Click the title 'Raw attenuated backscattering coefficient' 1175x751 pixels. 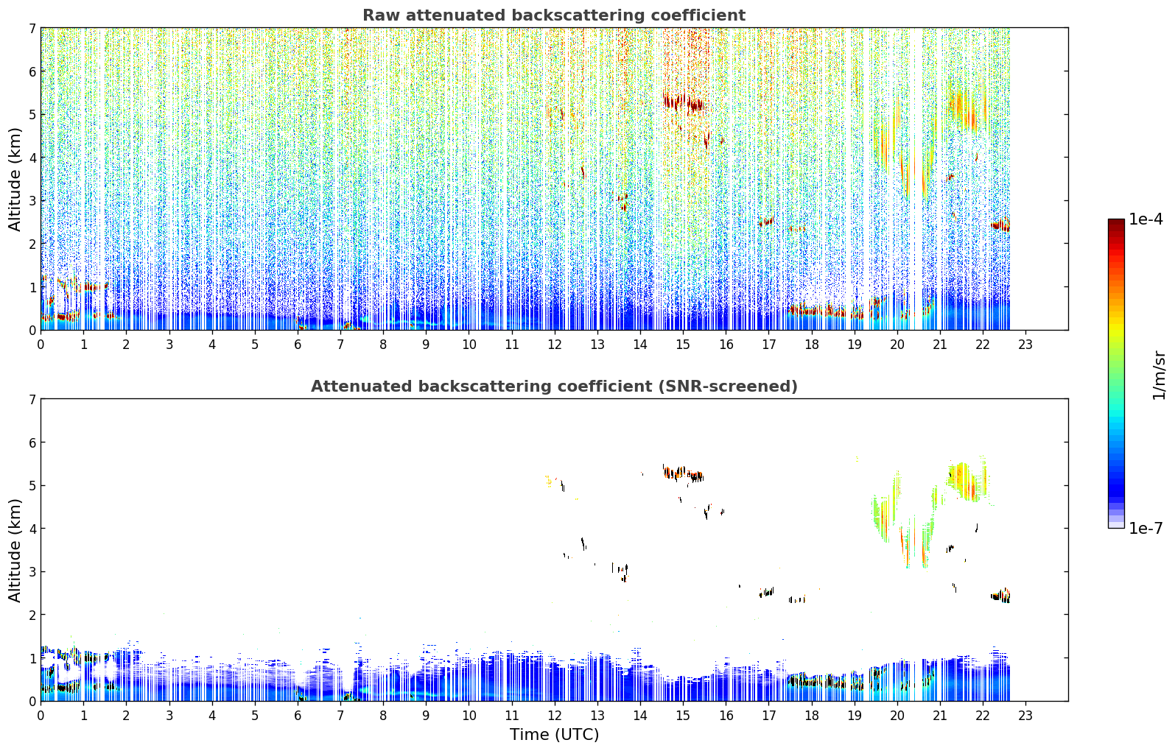pos(554,15)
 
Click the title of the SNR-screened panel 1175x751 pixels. pos(554,387)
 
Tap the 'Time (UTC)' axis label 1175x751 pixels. pos(554,735)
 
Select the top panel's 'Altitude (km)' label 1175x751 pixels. pos(15,180)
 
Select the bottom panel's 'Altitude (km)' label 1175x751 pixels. pos(15,551)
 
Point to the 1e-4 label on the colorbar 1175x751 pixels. pos(1146,219)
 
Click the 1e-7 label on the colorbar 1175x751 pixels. pos(1146,528)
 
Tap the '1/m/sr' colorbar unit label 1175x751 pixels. pos(1159,375)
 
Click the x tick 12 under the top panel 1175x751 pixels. pos(555,345)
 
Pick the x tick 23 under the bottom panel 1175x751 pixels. pos(1025,716)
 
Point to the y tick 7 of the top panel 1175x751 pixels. pos(32,28)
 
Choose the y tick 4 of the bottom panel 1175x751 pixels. pos(32,529)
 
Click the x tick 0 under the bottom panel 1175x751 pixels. pos(41,716)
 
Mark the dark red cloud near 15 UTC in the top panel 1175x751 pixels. pos(684,102)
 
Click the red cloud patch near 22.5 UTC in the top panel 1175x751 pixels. pos(1001,225)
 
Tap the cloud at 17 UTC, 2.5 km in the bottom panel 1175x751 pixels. pos(766,592)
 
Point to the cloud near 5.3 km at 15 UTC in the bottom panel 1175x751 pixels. pos(683,473)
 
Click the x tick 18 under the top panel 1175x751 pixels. pos(812,345)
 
